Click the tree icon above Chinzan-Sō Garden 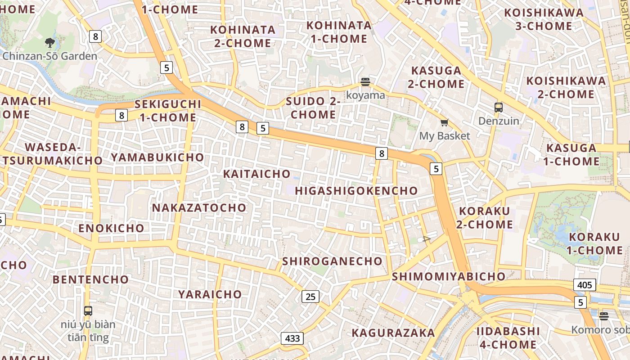[x=50, y=43]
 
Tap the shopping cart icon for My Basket [x=445, y=122]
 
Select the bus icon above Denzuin [x=499, y=108]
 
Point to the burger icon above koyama [x=365, y=82]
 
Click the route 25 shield [x=310, y=296]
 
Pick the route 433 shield [x=292, y=338]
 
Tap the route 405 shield [x=585, y=285]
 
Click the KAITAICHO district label [x=257, y=174]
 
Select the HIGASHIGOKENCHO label [x=356, y=191]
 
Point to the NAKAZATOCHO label [x=199, y=208]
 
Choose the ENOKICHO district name [x=111, y=228]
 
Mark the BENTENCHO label [x=91, y=279]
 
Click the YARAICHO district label [x=210, y=294]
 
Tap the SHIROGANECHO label [x=332, y=261]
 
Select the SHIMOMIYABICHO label [x=449, y=276]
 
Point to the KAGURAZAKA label [x=393, y=333]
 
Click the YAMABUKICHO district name [x=157, y=157]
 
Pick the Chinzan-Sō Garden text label [x=50, y=56]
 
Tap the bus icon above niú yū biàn [x=88, y=310]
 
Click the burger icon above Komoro [x=604, y=316]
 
